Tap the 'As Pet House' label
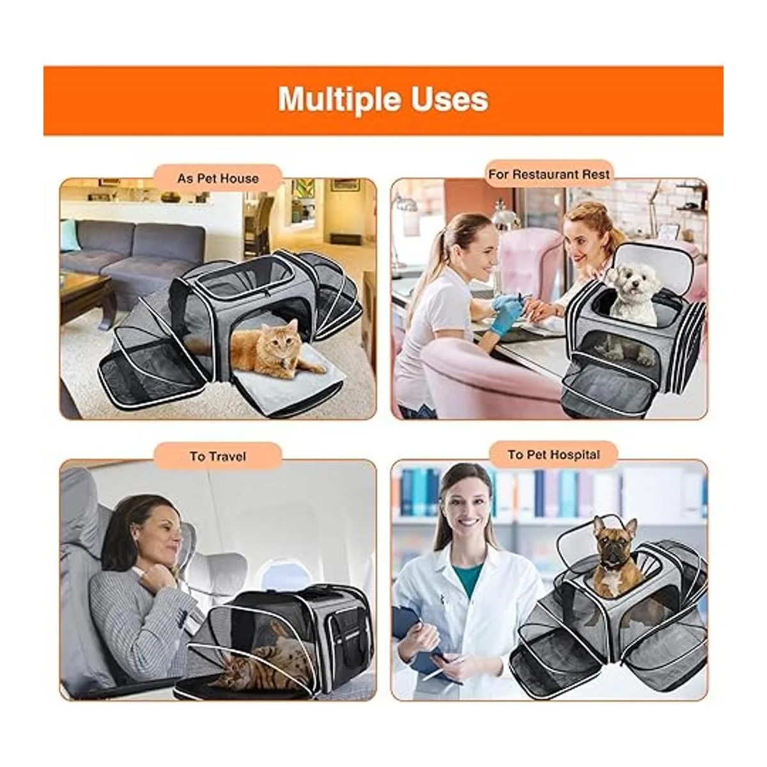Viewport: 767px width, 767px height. pyautogui.click(x=218, y=178)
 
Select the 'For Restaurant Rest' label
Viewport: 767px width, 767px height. pyautogui.click(x=549, y=174)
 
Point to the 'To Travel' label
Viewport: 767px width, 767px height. pyautogui.click(x=218, y=456)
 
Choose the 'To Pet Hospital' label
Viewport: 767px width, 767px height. pyautogui.click(x=554, y=454)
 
